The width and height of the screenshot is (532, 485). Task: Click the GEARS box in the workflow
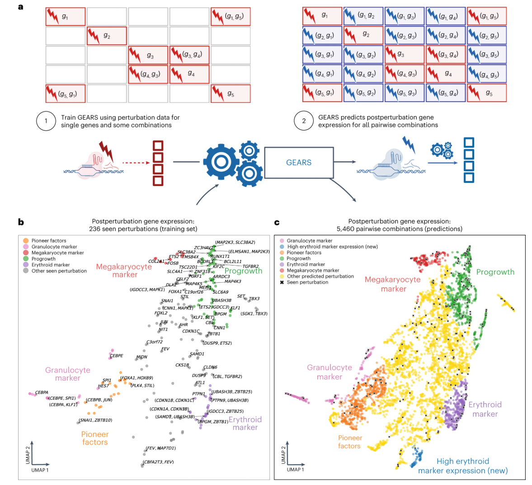coord(298,163)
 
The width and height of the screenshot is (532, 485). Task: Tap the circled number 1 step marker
coord(46,121)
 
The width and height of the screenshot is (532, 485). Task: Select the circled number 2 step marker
coord(304,121)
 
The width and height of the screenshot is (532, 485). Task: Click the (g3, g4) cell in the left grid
coord(189,55)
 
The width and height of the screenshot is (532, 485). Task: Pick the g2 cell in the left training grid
coord(107,36)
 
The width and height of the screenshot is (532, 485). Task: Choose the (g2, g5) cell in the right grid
coord(487,36)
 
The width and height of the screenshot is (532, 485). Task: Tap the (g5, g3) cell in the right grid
coord(404,93)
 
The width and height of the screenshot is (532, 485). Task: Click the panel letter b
coord(21,222)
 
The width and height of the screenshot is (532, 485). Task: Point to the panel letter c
coord(277,222)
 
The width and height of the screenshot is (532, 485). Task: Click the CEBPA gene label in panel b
coord(42,392)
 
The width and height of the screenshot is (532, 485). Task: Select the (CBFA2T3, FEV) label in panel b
coord(158,462)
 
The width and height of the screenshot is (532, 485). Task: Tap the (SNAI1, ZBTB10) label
coord(95,420)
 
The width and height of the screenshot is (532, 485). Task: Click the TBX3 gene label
coord(254,298)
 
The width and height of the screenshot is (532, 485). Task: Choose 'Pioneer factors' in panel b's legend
coord(49,241)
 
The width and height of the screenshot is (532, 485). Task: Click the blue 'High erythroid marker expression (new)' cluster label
coord(463,466)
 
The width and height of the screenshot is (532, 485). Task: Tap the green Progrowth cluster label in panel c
coord(495,272)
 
